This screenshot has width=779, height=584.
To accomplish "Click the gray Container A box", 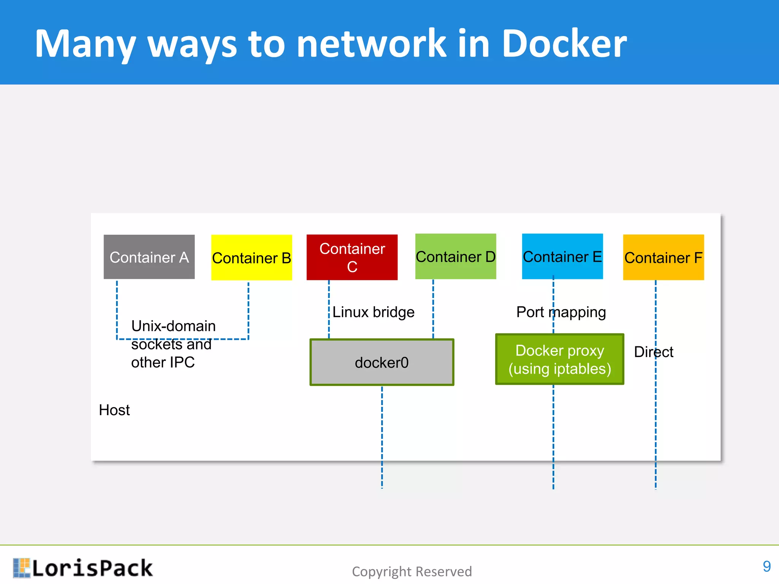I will [149, 257].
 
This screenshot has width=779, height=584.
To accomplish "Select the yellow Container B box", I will [251, 258].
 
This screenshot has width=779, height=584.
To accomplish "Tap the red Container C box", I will [352, 257].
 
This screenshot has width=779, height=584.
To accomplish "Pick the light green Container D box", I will [455, 257].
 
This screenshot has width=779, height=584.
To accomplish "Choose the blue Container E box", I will [562, 257].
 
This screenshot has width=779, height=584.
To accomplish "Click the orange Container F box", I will [663, 257].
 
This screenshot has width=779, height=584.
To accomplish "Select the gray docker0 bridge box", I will [382, 362].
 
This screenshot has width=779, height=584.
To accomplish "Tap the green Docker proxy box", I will [560, 359].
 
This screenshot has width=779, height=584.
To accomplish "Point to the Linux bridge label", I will [373, 312].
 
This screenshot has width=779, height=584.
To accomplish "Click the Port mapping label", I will [561, 312].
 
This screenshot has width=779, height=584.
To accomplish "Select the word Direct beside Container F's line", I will [653, 352].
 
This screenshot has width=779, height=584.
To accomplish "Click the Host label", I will [114, 410].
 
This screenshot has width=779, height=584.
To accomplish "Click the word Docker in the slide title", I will [564, 44].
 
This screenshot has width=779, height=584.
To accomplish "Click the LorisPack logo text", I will [92, 568].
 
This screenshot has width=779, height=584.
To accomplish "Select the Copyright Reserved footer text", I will [412, 571].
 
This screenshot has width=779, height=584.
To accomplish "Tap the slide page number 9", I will [766, 567].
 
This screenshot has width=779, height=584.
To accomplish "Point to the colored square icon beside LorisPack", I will [21, 568].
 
